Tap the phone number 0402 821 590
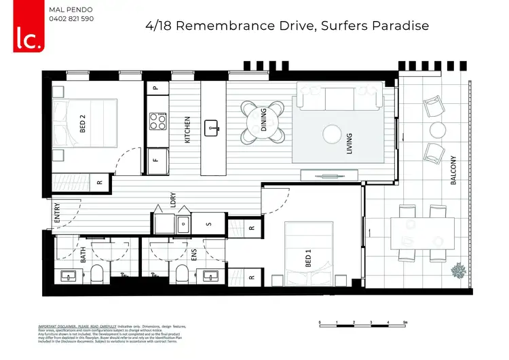(x=72, y=18)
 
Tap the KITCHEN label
(x=187, y=129)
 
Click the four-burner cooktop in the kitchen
(x=157, y=122)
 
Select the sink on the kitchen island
(x=213, y=126)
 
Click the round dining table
(x=264, y=122)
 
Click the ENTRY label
(x=56, y=214)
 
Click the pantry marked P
(x=156, y=88)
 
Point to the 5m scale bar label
(x=404, y=323)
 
